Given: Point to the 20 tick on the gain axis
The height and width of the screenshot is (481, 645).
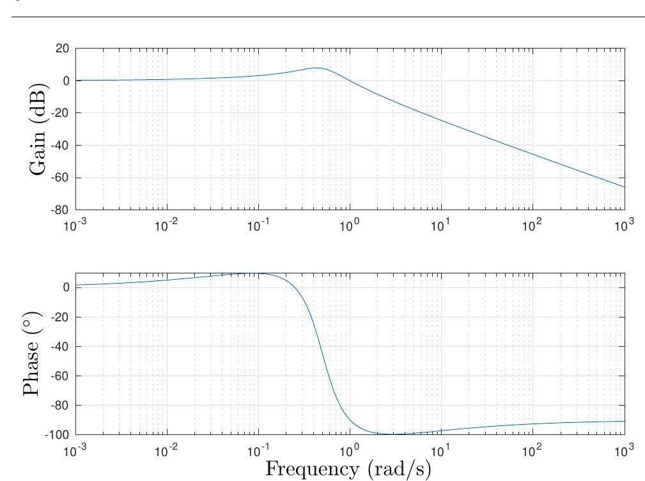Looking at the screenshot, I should point(63,49).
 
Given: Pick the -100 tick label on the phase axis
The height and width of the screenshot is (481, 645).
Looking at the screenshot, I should point(58,435).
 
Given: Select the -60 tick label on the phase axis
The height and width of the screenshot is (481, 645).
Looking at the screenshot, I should point(61,376).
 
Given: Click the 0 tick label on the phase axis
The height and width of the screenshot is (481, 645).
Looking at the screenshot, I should point(66,287).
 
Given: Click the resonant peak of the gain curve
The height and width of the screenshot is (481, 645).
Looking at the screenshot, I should point(316,68).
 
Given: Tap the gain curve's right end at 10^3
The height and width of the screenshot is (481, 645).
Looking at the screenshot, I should point(625,187).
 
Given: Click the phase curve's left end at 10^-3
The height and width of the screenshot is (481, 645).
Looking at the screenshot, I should point(76,285).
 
